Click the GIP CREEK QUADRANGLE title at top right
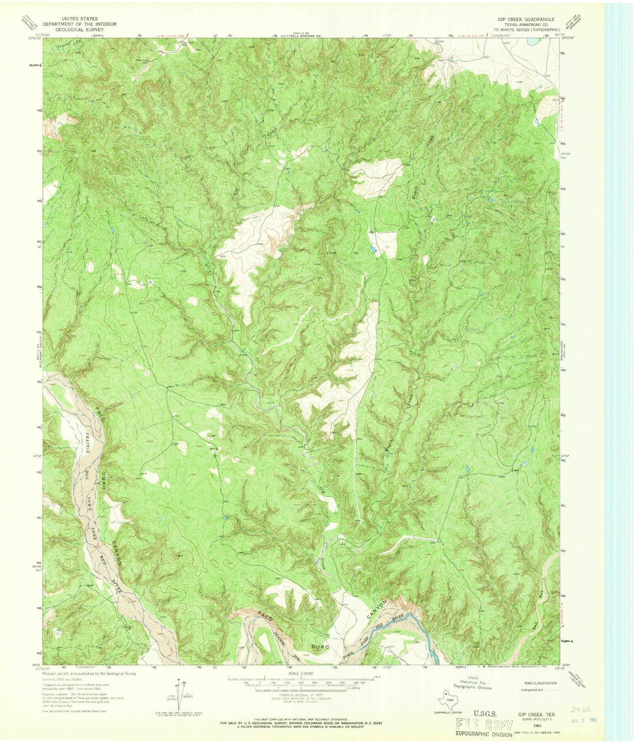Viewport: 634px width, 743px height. pyautogui.click(x=526, y=19)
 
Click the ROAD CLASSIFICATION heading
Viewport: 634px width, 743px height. pyautogui.click(x=541, y=683)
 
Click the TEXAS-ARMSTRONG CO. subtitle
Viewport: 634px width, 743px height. pyautogui.click(x=526, y=25)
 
